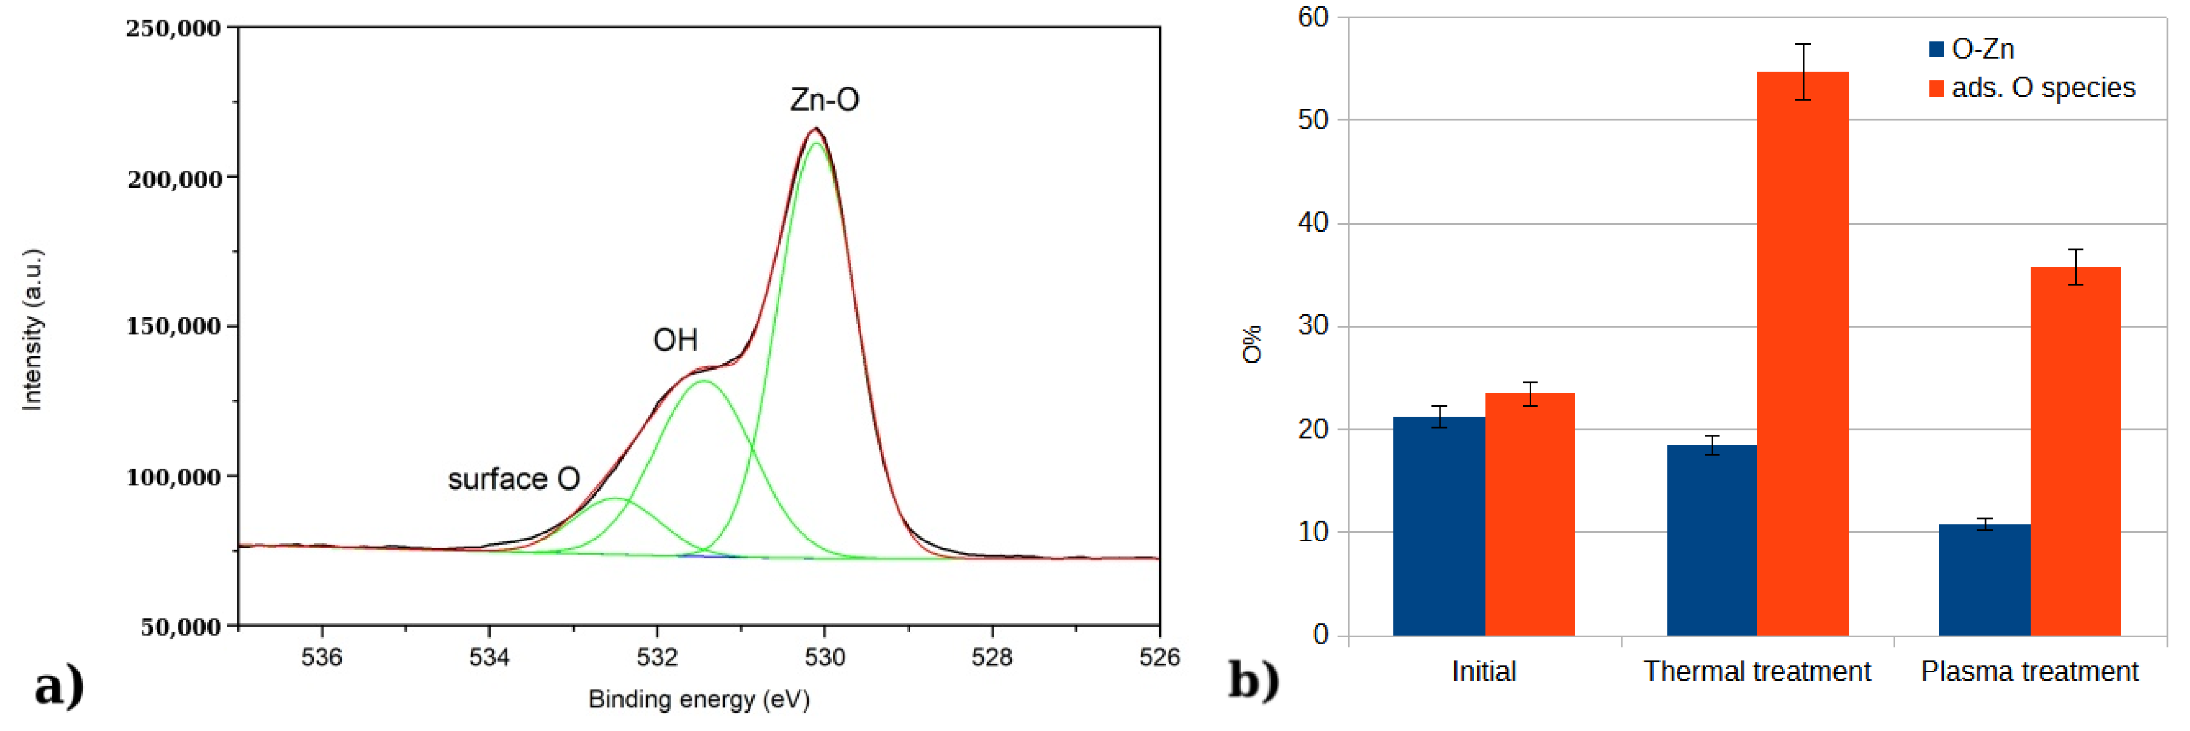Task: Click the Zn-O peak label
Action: click(824, 101)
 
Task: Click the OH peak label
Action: click(675, 340)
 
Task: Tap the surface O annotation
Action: click(513, 480)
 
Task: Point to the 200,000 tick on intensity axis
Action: click(174, 179)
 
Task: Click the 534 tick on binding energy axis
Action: click(489, 657)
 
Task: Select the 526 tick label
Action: click(1159, 657)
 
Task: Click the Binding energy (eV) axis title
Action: click(699, 700)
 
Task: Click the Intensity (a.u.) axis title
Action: click(32, 330)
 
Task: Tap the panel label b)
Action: click(1253, 680)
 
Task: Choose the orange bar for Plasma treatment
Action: click(2075, 450)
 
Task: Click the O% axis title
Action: click(1252, 344)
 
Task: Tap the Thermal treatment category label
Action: click(1757, 671)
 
